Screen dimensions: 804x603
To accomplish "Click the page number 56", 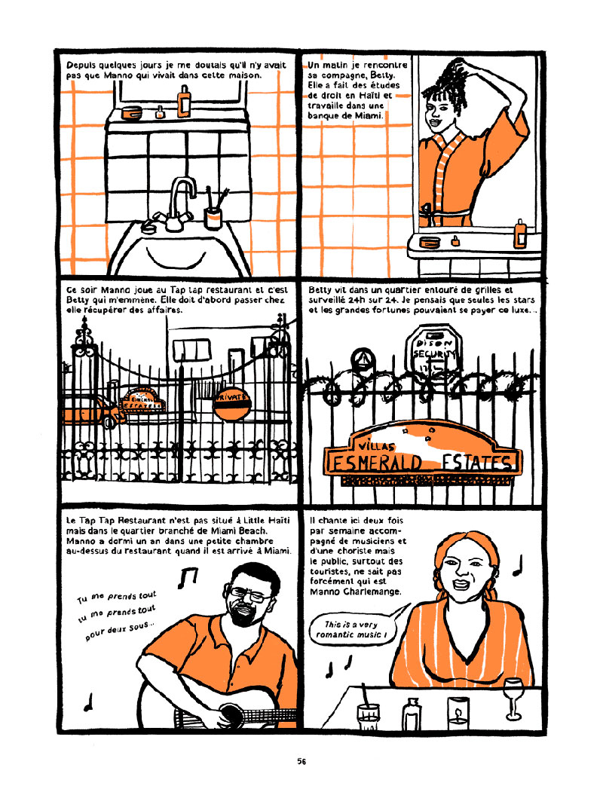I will point(301,761).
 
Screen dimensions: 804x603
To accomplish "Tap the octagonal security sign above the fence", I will point(432,350).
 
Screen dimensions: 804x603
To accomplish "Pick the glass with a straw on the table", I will point(368,713).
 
